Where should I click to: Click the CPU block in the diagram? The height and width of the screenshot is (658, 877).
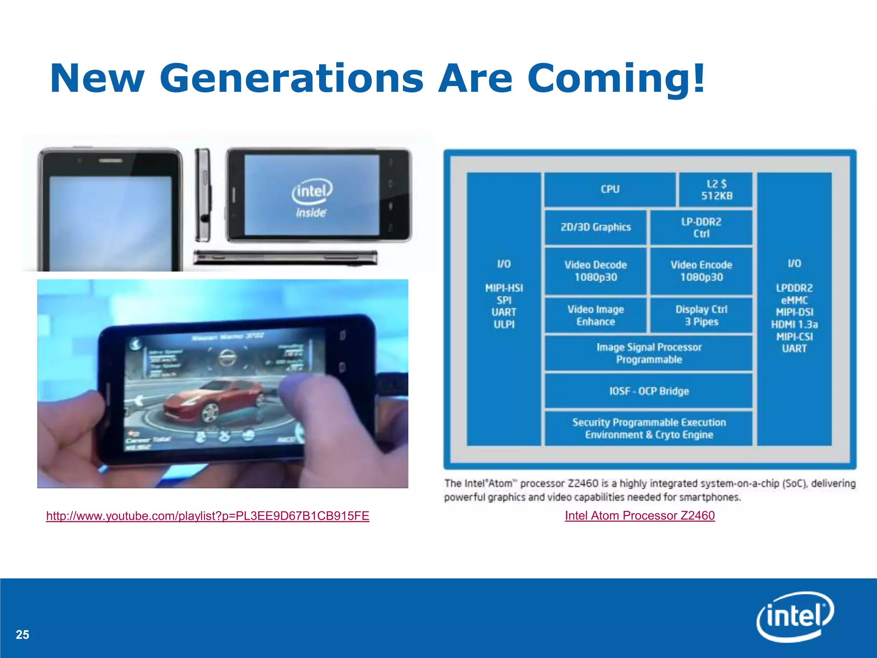click(x=610, y=189)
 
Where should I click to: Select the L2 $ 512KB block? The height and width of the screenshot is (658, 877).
click(x=716, y=190)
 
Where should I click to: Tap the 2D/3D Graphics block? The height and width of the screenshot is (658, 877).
click(x=596, y=227)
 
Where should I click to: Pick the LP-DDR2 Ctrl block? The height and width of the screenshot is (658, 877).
click(x=701, y=227)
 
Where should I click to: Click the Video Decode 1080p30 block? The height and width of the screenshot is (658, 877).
click(x=596, y=271)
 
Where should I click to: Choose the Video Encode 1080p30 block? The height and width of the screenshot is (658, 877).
click(x=701, y=271)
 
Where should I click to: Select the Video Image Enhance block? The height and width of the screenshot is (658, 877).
click(x=596, y=315)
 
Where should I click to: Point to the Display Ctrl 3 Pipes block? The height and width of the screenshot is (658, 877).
click(x=701, y=315)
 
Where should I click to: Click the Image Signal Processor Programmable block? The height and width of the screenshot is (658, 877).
click(x=649, y=353)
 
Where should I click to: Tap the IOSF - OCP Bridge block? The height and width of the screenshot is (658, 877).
click(x=649, y=391)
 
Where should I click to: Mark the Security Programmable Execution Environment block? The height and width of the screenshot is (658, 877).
click(x=649, y=428)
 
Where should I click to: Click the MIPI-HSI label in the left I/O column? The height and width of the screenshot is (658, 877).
click(x=504, y=288)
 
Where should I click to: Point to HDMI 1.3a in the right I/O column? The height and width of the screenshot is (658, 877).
click(x=794, y=324)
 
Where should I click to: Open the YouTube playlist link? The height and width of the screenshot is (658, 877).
click(x=208, y=516)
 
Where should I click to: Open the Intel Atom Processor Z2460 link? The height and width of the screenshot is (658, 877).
click(x=640, y=515)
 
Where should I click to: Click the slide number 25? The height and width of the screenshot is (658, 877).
click(x=22, y=634)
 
